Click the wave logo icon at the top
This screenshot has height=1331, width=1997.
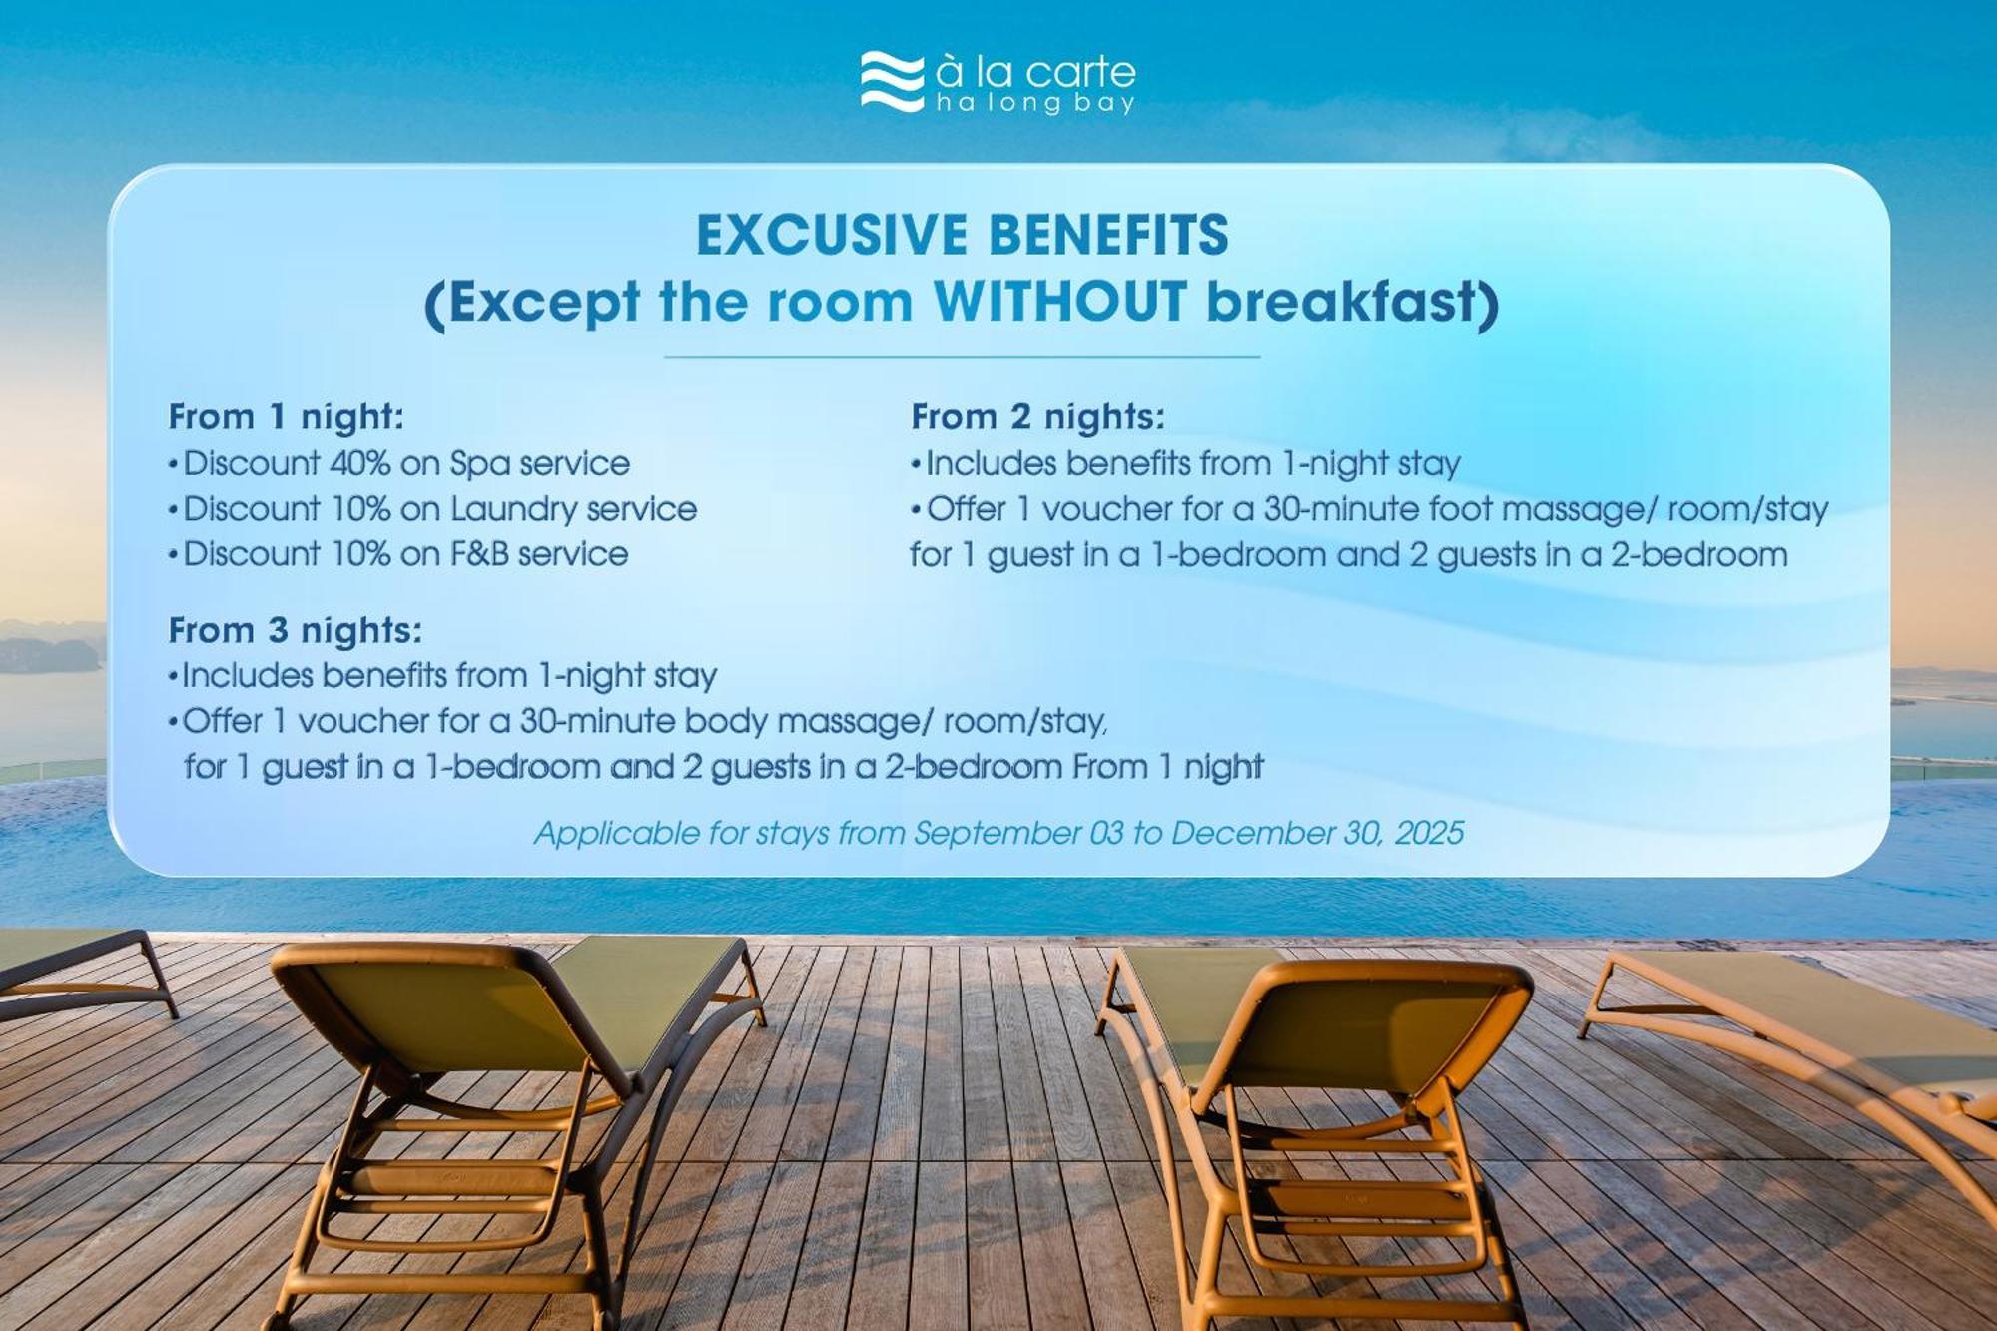point(892,82)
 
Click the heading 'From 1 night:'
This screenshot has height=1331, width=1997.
point(287,417)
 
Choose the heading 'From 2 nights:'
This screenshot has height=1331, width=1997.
point(1038,417)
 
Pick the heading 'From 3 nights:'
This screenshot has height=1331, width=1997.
point(296,631)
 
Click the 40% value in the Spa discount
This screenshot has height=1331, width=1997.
point(359,464)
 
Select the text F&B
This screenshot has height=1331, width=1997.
point(480,554)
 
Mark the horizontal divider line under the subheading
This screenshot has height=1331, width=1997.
point(962,356)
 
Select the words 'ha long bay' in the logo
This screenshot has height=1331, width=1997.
point(1035,103)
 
